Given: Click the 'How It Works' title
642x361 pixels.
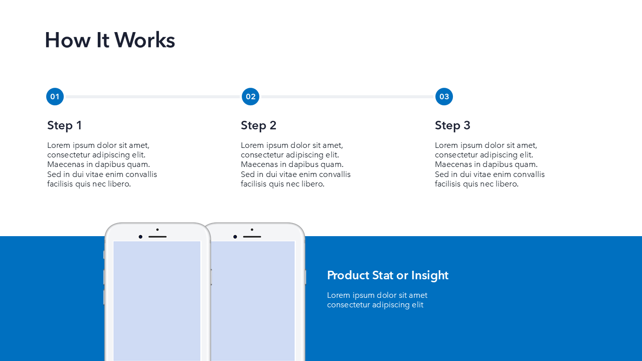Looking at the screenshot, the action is click(110, 40).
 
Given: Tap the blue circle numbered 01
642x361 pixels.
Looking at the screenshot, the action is click(55, 97).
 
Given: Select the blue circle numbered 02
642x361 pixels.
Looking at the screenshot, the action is click(250, 97).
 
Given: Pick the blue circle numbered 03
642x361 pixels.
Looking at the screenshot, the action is click(444, 97).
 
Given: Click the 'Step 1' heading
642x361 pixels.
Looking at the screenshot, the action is click(65, 125).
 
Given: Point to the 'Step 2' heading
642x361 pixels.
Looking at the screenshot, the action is click(258, 125).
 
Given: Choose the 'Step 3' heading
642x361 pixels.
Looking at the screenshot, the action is click(452, 125).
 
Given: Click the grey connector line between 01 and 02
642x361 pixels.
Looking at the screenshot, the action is click(152, 97).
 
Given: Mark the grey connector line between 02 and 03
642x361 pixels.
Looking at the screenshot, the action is click(348, 97).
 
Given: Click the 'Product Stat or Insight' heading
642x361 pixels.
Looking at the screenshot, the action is click(388, 275).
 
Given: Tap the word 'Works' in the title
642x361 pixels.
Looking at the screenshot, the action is click(145, 40).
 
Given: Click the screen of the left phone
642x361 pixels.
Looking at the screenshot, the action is click(157, 301).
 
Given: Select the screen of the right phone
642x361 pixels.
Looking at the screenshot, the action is click(253, 301).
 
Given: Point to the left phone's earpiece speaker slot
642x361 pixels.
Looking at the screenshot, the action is click(157, 237).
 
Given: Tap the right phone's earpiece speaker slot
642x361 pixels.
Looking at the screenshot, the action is click(252, 237).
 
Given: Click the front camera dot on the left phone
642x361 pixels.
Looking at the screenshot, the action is click(140, 237).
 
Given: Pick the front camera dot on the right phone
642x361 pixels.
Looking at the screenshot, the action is click(235, 237).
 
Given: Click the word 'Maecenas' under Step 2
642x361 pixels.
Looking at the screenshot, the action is click(259, 164).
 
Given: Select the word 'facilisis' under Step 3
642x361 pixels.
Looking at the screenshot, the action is click(448, 184).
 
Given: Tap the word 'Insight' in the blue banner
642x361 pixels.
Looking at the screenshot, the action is click(430, 275).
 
